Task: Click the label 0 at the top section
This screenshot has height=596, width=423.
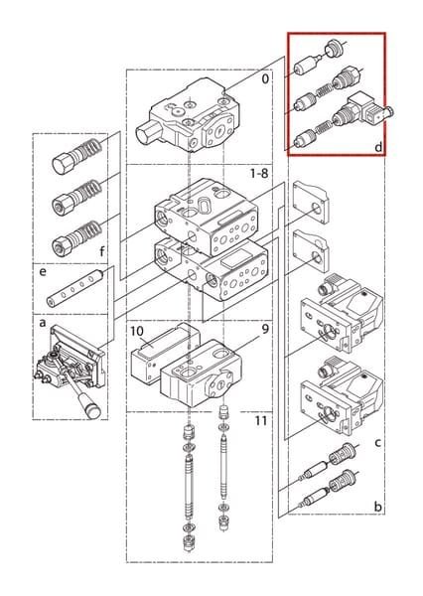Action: click(x=265, y=79)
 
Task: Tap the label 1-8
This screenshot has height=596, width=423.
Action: click(x=259, y=173)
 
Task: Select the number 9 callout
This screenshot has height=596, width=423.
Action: click(x=265, y=329)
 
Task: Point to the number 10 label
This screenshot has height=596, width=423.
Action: click(x=137, y=331)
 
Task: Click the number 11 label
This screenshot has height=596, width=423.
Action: click(x=261, y=420)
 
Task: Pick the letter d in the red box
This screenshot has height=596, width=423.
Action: click(x=378, y=147)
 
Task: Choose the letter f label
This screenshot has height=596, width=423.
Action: click(x=101, y=251)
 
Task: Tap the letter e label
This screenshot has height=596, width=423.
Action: click(x=43, y=271)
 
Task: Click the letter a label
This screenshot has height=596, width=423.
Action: click(x=43, y=323)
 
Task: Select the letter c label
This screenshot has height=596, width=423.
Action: click(x=377, y=443)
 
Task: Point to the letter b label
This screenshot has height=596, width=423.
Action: click(x=377, y=506)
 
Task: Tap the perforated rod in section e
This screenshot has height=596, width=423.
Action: click(x=75, y=288)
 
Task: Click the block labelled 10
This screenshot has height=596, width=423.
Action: click(x=165, y=352)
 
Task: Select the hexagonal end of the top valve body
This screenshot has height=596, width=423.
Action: click(x=147, y=134)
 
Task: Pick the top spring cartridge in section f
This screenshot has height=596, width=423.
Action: click(x=76, y=156)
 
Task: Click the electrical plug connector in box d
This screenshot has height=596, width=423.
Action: click(x=366, y=110)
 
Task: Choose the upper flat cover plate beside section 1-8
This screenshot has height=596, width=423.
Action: click(x=311, y=203)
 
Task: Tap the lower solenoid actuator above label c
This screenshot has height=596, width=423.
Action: click(x=341, y=396)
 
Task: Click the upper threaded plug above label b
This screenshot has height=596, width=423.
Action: click(x=343, y=452)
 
